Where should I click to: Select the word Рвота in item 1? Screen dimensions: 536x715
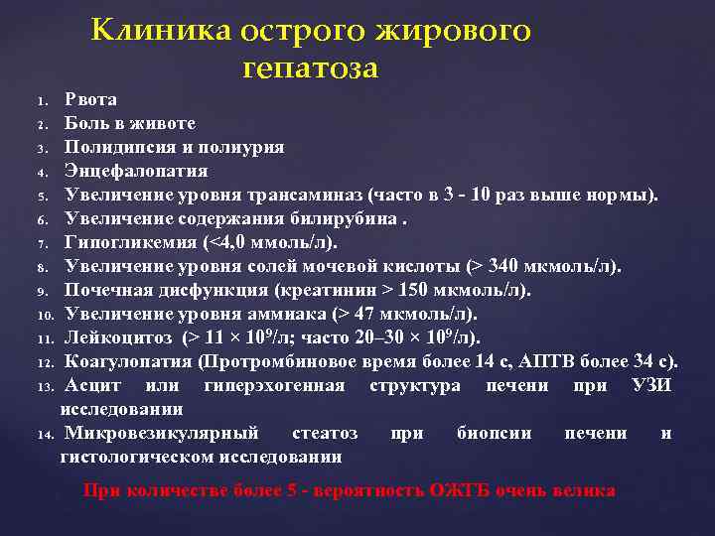90,99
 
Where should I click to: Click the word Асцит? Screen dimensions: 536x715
90,385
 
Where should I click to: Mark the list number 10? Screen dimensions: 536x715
45,316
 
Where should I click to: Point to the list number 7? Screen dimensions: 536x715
43,244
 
